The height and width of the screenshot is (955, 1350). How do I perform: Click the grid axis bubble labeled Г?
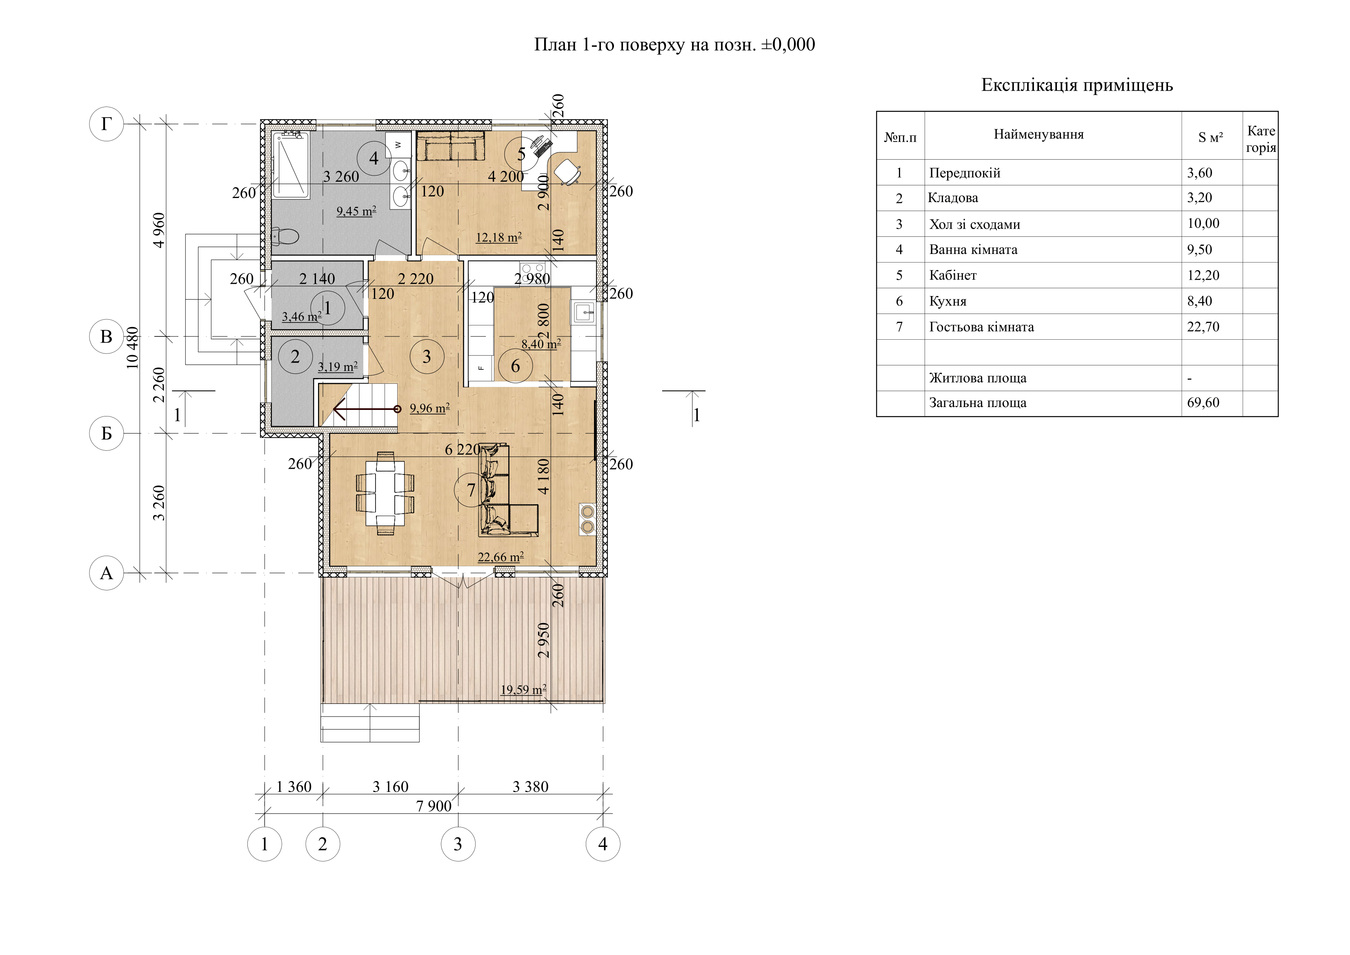107,124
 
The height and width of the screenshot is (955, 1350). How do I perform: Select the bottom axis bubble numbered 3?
458,844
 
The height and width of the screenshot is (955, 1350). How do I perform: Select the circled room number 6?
515,366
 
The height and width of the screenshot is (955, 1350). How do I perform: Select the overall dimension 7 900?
434,806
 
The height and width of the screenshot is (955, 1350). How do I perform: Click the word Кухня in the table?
948,301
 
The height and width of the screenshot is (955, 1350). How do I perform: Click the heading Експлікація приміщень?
1076,85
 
